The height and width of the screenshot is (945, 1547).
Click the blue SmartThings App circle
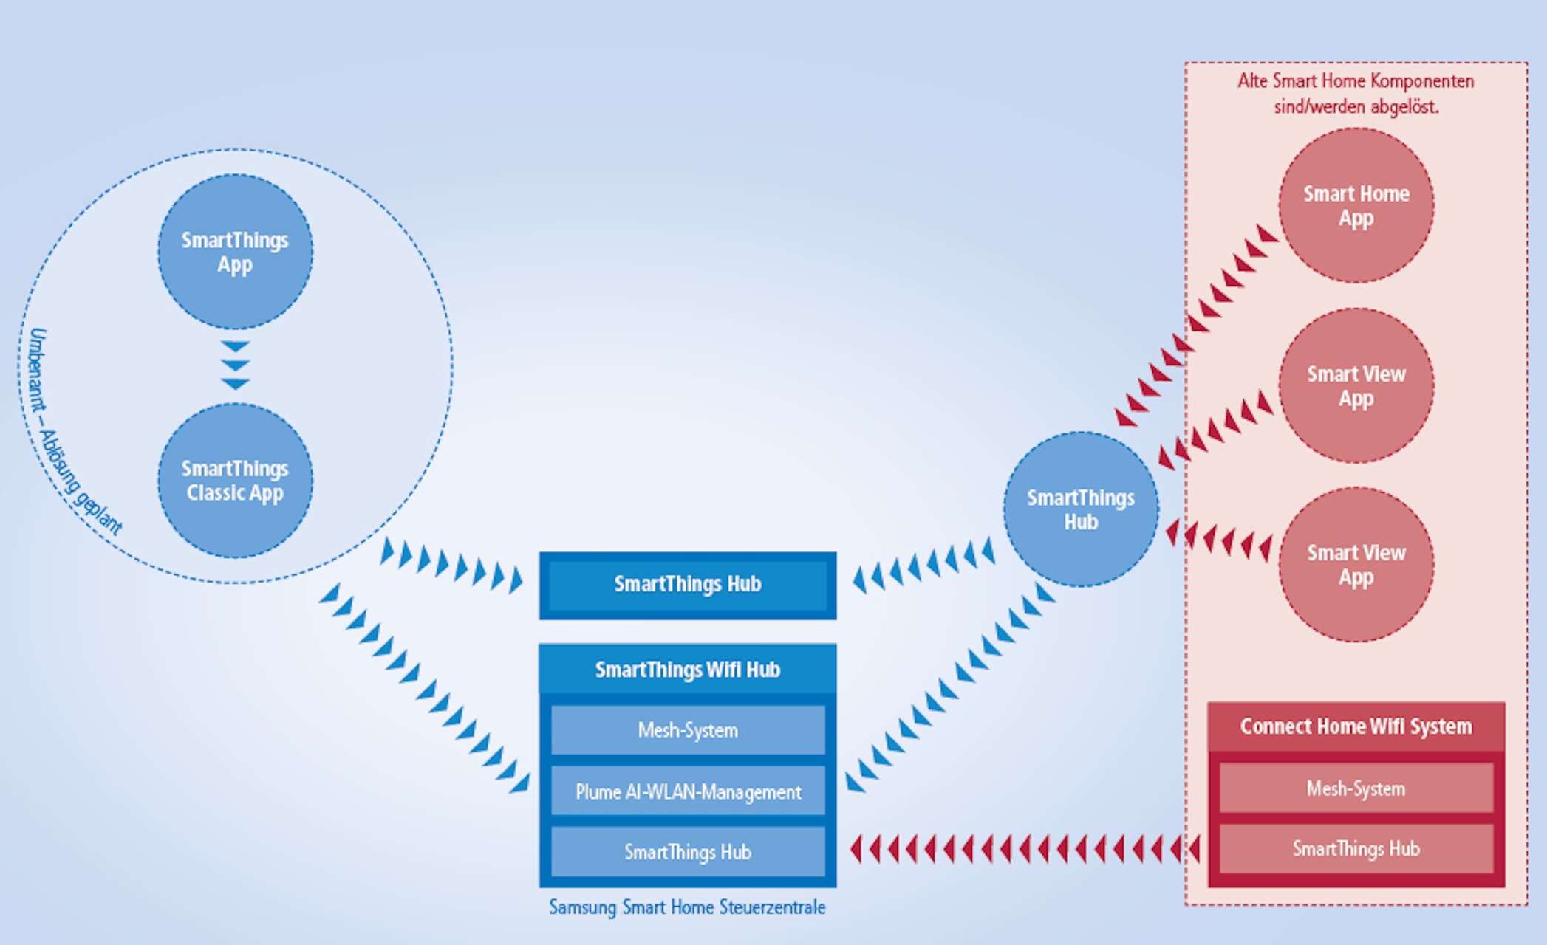pyautogui.click(x=235, y=252)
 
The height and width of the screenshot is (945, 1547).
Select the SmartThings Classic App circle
pyautogui.click(x=235, y=481)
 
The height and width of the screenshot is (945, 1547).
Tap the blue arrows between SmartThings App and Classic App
pyautogui.click(x=236, y=365)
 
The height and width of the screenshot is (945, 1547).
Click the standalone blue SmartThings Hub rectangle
pyautogui.click(x=687, y=585)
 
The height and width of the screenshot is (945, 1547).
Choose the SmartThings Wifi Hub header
pyautogui.click(x=687, y=670)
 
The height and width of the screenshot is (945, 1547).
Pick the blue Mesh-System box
pyautogui.click(x=687, y=730)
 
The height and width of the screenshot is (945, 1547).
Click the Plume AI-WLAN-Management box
pyautogui.click(x=687, y=791)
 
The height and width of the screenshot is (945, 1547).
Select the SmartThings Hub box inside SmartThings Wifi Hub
pyautogui.click(x=687, y=852)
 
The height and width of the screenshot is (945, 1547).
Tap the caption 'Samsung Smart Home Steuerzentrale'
pyautogui.click(x=687, y=907)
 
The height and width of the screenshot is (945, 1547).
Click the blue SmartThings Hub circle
pyautogui.click(x=1081, y=509)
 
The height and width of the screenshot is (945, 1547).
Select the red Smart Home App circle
pyautogui.click(x=1356, y=205)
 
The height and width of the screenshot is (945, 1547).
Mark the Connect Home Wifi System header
pyautogui.click(x=1356, y=726)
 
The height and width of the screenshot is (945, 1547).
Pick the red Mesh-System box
pyautogui.click(x=1356, y=788)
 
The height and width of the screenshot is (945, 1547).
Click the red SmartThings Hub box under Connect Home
pyautogui.click(x=1356, y=849)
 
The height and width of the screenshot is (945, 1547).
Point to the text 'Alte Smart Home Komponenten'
pyautogui.click(x=1356, y=81)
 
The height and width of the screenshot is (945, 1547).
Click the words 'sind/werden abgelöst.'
pyautogui.click(x=1356, y=107)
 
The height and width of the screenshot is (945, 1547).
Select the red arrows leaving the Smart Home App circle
pyautogui.click(x=1197, y=325)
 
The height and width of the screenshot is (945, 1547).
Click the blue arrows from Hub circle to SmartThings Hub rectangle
pyautogui.click(x=923, y=565)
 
